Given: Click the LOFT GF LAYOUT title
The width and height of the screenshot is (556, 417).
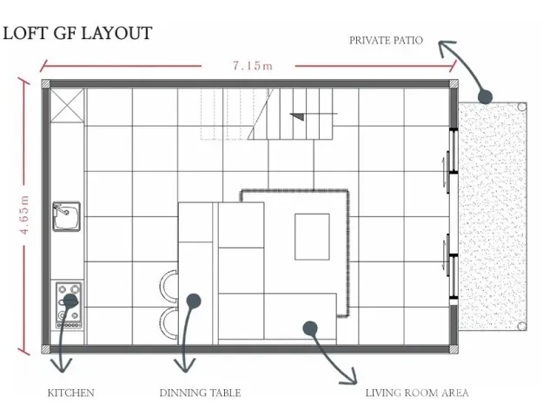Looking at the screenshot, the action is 77,33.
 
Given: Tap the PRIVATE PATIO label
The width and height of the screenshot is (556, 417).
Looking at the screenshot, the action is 386,40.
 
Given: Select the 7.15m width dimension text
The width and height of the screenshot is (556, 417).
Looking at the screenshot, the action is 253,66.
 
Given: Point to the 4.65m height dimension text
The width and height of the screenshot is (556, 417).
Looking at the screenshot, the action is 24,215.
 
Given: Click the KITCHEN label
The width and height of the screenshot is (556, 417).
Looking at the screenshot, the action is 71,393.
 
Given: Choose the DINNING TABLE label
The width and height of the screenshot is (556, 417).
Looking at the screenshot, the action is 201,393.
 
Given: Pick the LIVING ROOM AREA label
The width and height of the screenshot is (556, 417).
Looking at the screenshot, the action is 417,393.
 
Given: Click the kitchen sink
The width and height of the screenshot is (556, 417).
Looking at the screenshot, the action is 66,216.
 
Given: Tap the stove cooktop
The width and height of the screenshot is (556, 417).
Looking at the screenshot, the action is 69,305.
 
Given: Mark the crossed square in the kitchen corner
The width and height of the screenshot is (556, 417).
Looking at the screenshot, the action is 67,105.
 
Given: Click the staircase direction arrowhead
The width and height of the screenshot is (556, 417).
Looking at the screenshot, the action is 297,116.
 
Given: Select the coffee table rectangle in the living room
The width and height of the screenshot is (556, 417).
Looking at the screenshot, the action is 312,236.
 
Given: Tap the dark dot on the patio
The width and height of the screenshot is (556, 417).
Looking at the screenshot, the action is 485,96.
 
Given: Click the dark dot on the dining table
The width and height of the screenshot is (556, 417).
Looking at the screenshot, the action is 193,301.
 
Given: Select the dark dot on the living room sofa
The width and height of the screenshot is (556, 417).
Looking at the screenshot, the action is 310,328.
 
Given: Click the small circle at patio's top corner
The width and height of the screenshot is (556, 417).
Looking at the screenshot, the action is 521,107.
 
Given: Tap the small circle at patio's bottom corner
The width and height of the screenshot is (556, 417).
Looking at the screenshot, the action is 521,326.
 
